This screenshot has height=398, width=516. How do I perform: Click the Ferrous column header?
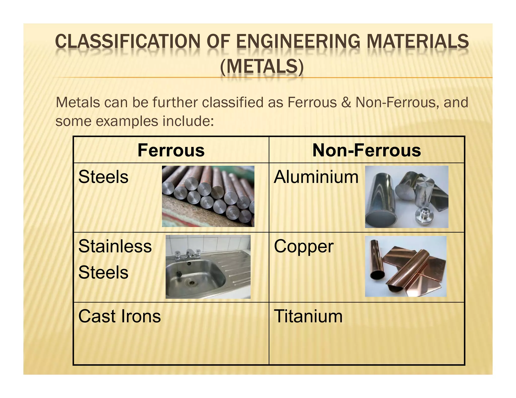(171, 150)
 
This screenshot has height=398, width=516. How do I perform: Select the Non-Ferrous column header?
(367, 150)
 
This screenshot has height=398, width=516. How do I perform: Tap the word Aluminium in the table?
(316, 177)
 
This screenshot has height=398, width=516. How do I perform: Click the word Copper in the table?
(304, 247)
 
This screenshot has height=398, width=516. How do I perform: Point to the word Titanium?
(308, 316)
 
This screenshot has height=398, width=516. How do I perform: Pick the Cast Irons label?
(119, 316)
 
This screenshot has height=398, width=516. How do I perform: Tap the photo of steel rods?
(208, 196)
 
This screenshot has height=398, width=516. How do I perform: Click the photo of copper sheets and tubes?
(406, 266)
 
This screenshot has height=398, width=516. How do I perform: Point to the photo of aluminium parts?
(406, 197)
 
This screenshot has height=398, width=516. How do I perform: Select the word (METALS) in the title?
(262, 67)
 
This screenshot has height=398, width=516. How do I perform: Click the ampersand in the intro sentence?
(346, 102)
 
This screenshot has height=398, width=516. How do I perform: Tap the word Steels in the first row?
(103, 177)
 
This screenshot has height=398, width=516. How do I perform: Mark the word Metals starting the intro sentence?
(78, 102)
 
